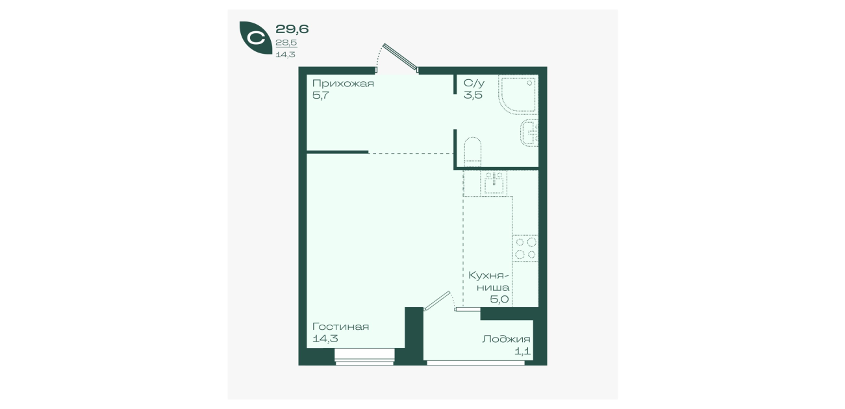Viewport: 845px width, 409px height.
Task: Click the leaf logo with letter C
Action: pyautogui.click(x=256, y=38)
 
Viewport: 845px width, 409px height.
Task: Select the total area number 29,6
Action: pyautogui.click(x=292, y=29)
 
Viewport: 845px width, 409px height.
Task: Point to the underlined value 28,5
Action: pyautogui.click(x=286, y=43)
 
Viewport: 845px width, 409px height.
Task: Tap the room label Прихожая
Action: pyautogui.click(x=343, y=83)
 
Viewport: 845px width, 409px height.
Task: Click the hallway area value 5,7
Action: pyautogui.click(x=321, y=95)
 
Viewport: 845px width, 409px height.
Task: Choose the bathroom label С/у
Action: pyautogui.click(x=473, y=83)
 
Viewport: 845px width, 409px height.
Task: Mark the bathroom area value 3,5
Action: pyautogui.click(x=473, y=95)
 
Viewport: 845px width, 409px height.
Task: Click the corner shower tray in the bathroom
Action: pyautogui.click(x=518, y=94)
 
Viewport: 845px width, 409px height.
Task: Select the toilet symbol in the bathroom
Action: pyautogui.click(x=472, y=152)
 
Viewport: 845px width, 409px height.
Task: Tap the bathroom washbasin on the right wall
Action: pyautogui.click(x=529, y=132)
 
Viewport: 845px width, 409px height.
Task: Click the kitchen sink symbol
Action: pyautogui.click(x=494, y=183)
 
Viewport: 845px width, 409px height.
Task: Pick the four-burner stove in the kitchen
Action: pyautogui.click(x=525, y=248)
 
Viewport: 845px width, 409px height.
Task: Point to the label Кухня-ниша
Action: pyautogui.click(x=488, y=281)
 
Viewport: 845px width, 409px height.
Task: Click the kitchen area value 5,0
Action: pyautogui.click(x=499, y=300)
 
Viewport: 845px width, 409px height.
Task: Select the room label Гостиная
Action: pyautogui.click(x=340, y=327)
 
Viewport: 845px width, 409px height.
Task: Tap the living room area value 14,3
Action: pyautogui.click(x=325, y=338)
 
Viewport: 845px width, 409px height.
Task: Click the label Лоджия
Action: pyautogui.click(x=506, y=340)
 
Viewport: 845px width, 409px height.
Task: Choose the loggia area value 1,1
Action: pyautogui.click(x=523, y=351)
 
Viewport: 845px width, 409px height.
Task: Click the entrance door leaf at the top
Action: pyautogui.click(x=400, y=57)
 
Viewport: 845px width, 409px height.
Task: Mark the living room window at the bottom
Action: pyautogui.click(x=364, y=356)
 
